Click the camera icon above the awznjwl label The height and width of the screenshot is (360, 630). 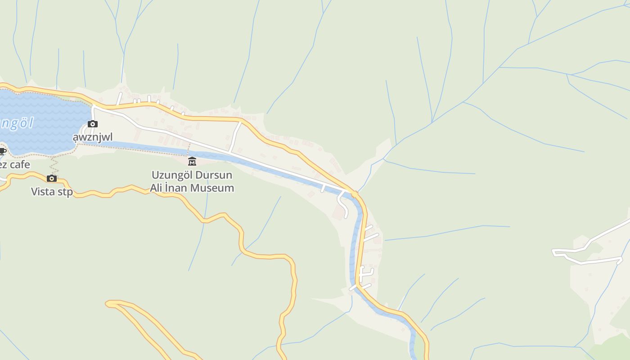pos(93,124)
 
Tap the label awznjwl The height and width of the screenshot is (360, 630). pos(93,137)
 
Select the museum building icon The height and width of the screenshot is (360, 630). pos(192,162)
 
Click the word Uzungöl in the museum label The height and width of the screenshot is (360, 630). pos(171,175)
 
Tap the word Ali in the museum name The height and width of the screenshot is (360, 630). pos(158,188)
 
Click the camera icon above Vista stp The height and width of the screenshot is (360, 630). pos(52,179)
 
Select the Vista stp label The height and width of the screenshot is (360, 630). pos(52,192)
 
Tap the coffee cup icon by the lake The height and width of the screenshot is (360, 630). pos(2,151)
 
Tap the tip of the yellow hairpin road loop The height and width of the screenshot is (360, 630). pos(108,304)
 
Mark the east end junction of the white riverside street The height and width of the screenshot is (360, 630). pos(353,192)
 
